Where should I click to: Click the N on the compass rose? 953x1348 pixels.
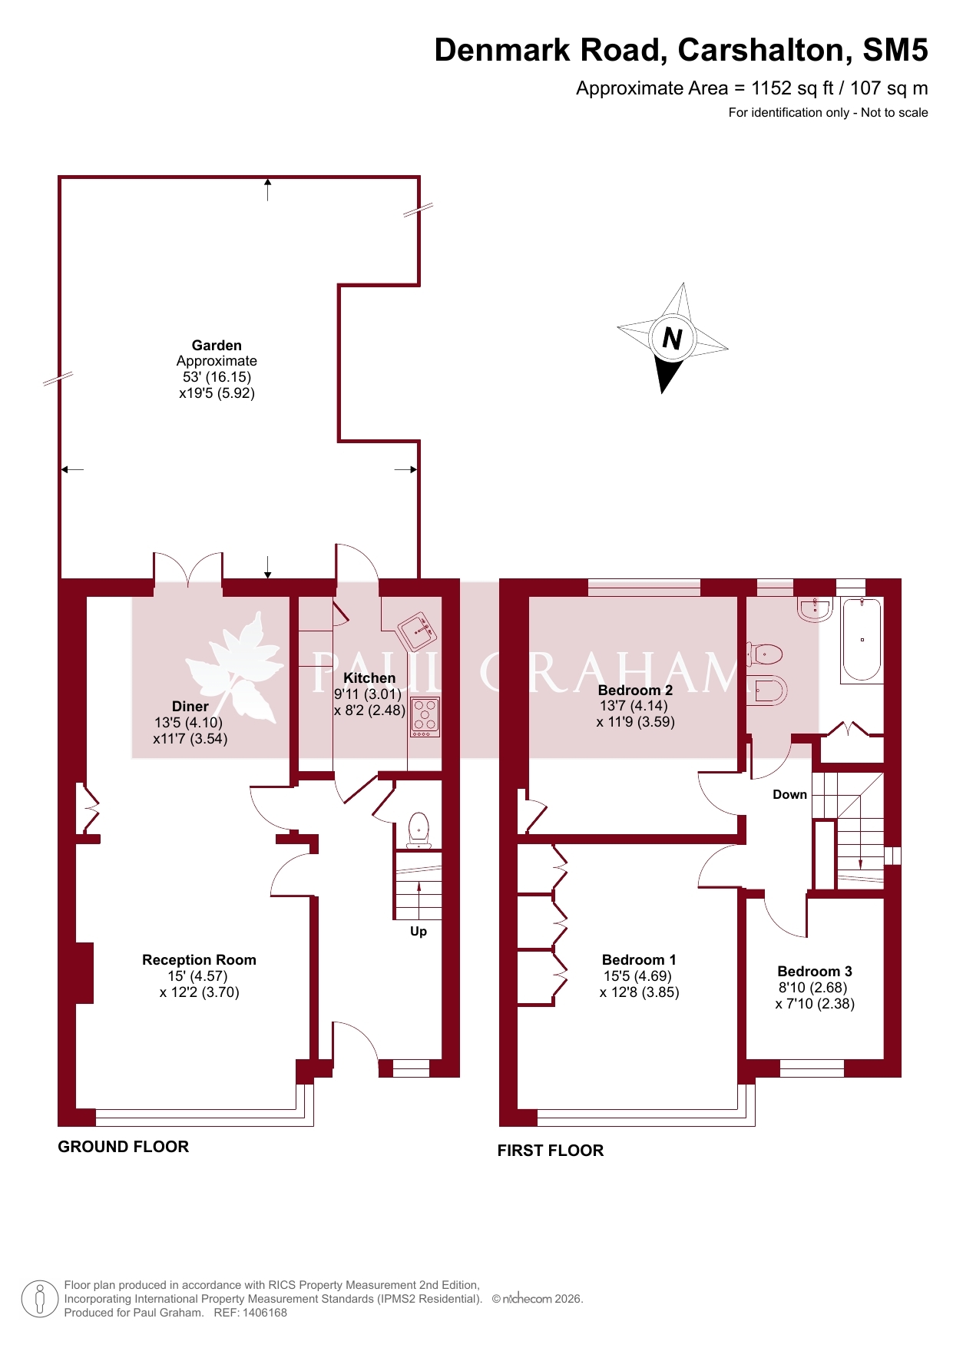pos(672,338)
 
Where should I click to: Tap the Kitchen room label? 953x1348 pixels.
pos(369,678)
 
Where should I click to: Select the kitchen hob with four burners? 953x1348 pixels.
pos(425,717)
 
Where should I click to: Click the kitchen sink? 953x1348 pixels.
pos(418,631)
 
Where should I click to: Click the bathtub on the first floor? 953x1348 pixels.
pos(862,640)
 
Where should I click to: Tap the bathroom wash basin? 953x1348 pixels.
pos(815,608)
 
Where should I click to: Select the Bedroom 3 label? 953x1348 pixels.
pos(815,972)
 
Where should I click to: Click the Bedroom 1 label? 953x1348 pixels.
pos(639,960)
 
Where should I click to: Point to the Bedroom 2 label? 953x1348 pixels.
pos(635,691)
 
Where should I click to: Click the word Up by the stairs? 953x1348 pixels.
pos(419,932)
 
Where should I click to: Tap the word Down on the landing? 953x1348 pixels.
pos(789,795)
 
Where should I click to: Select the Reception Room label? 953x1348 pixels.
pos(199,960)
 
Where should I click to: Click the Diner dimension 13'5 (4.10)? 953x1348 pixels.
pos(188,723)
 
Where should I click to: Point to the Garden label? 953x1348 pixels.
pos(217,346)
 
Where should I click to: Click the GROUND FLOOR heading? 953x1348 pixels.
pos(124,1147)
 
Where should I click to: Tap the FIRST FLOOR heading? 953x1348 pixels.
pos(551,1151)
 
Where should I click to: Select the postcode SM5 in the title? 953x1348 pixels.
pos(895,50)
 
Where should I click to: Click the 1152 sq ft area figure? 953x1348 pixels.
pos(793,88)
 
